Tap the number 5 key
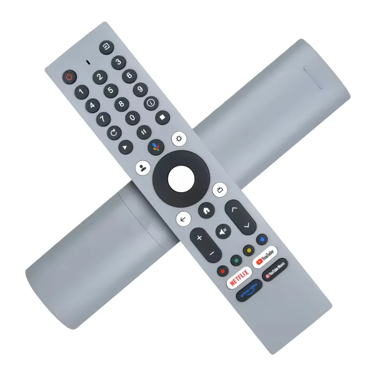tap(110, 90)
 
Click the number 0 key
tap(133, 117)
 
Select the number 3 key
tap(118, 62)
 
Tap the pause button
tap(144, 132)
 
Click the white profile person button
tap(142, 167)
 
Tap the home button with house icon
tap(205, 210)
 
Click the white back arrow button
tap(183, 218)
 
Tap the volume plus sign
tap(199, 238)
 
